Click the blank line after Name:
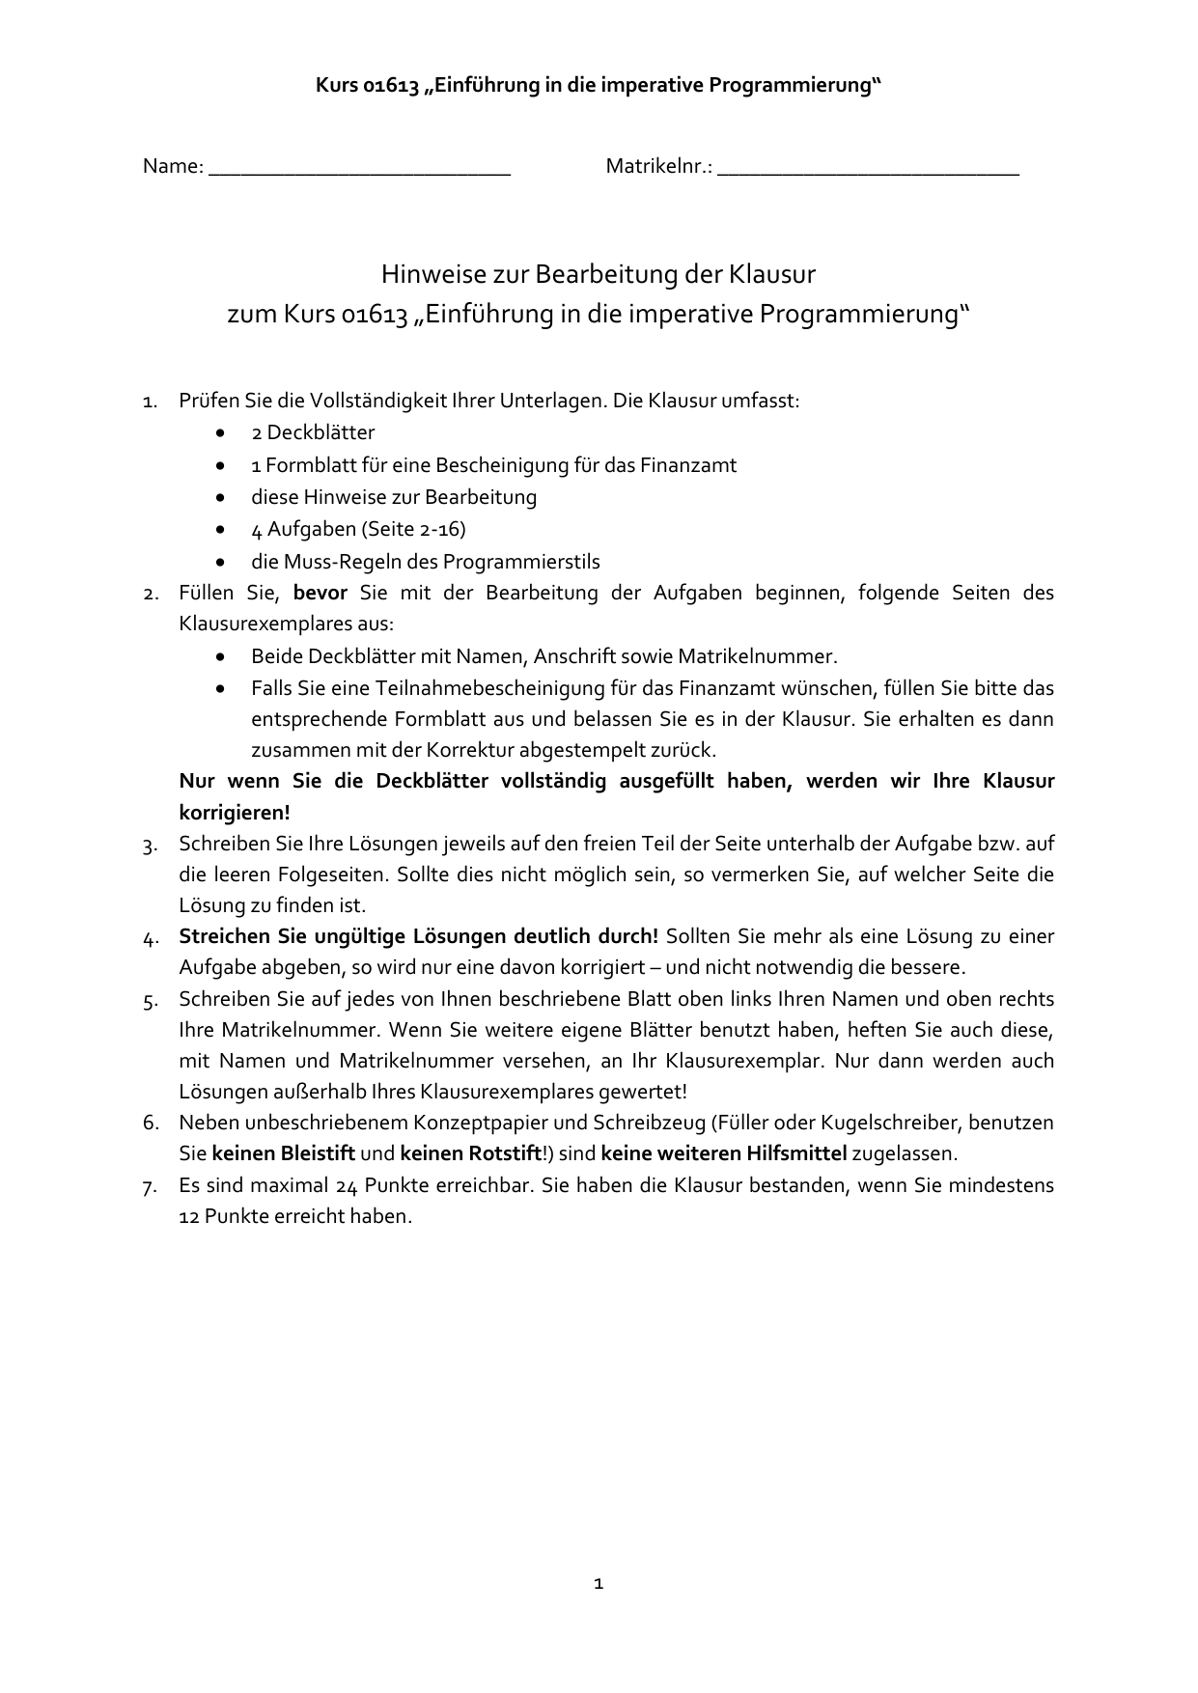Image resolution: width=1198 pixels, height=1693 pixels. click(x=359, y=169)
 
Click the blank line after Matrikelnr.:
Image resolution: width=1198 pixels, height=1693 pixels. click(x=869, y=169)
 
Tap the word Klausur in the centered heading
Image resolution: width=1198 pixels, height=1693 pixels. click(x=771, y=275)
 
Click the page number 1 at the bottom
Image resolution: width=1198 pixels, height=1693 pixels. click(x=599, y=1583)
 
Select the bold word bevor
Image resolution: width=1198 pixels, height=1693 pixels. click(x=320, y=593)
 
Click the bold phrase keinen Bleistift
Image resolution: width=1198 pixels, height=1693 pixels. click(x=284, y=1153)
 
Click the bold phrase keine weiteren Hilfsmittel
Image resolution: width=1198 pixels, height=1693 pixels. click(x=724, y=1153)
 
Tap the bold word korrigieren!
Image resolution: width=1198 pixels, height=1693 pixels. click(x=235, y=812)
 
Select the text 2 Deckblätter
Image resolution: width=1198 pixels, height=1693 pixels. click(x=313, y=432)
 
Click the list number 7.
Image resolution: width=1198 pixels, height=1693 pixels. click(x=150, y=1186)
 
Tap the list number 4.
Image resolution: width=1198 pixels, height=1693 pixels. click(x=150, y=937)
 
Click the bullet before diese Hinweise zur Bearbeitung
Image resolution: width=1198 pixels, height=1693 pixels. click(x=223, y=498)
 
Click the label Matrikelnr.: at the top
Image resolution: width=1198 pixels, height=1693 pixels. click(x=658, y=166)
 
